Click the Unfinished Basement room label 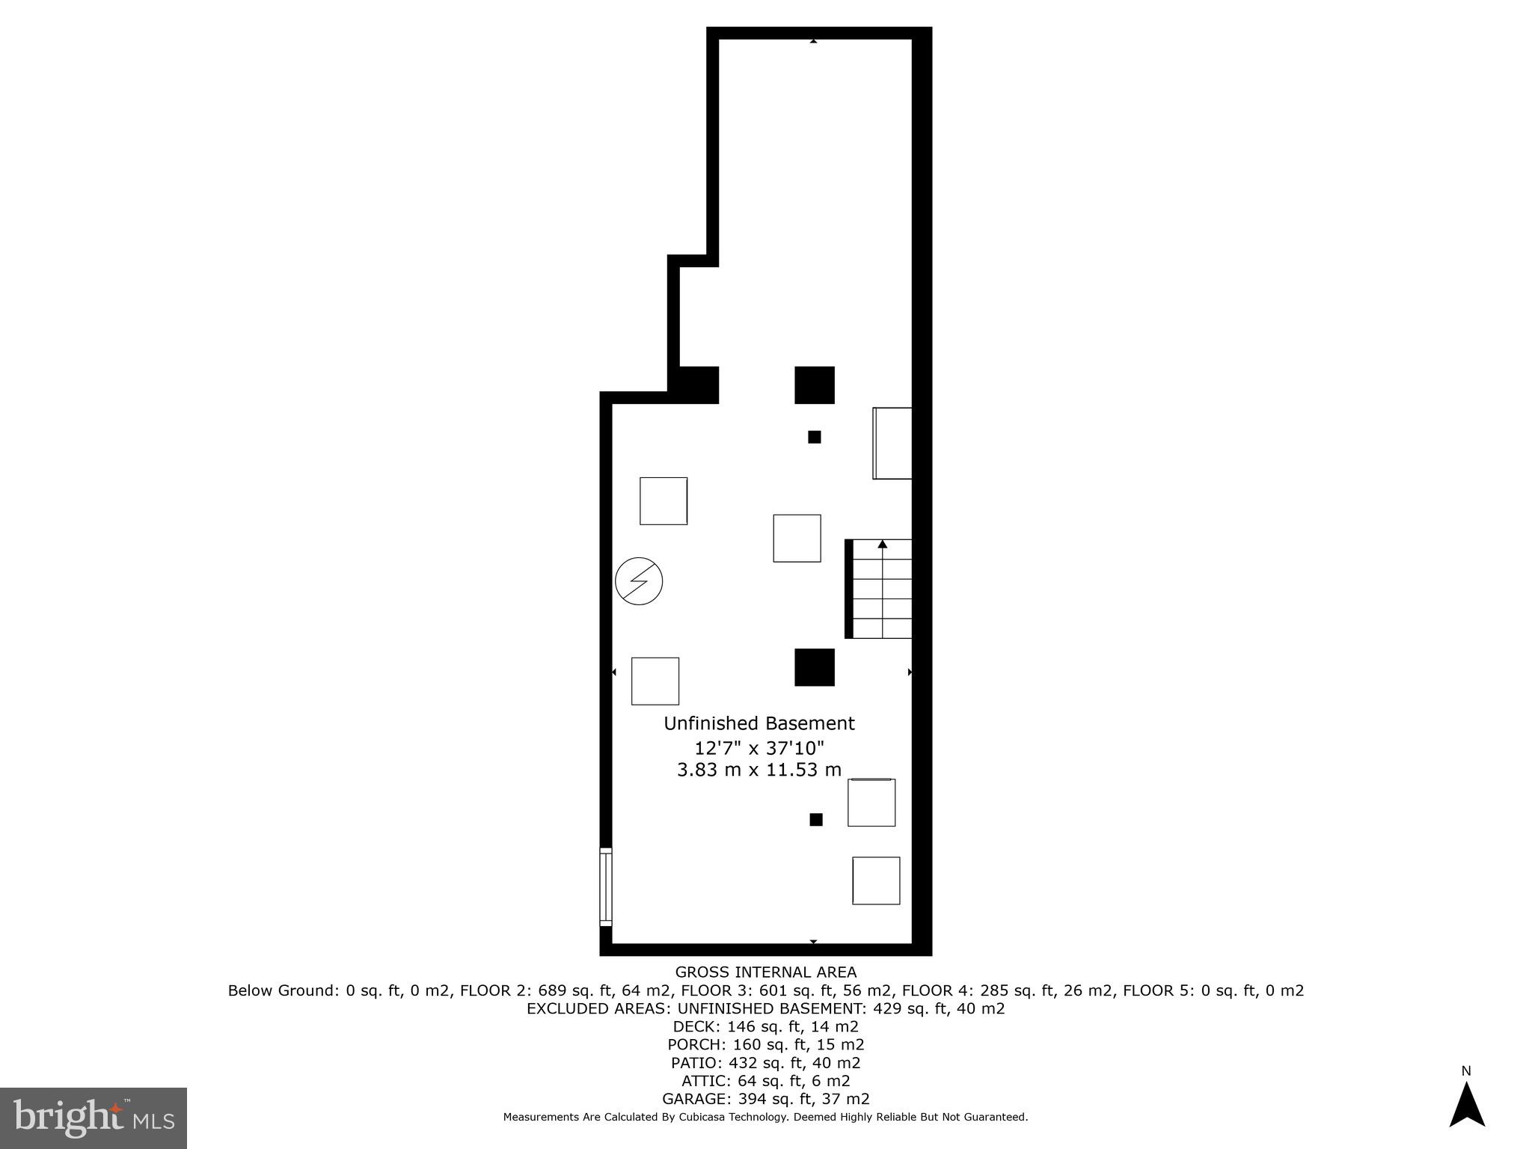point(759,723)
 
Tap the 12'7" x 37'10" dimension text point(759,747)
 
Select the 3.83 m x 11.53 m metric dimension point(759,770)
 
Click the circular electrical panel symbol point(639,581)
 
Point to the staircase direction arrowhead point(883,544)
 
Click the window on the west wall point(606,886)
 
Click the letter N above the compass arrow point(1466,1071)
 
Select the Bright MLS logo point(94,1118)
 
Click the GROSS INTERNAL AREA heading point(765,972)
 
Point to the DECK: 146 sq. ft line point(765,1027)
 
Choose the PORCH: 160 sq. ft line point(765,1045)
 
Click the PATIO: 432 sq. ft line point(765,1063)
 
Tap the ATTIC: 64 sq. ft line point(765,1081)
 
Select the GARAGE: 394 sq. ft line point(765,1099)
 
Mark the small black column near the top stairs point(815,437)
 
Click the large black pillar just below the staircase point(814,667)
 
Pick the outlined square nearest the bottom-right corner point(876,880)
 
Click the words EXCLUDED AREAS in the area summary point(598,1008)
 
